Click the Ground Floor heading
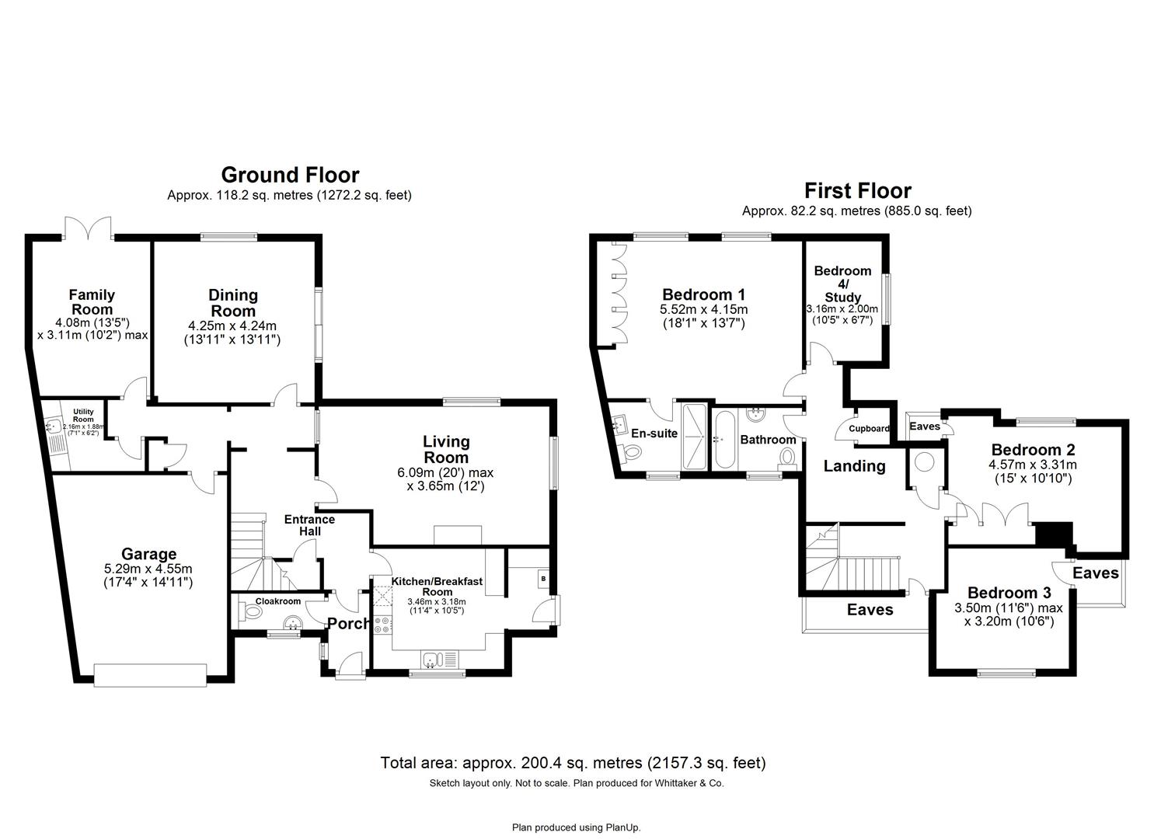tap(290, 175)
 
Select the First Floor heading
tap(857, 190)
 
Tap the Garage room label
tap(148, 554)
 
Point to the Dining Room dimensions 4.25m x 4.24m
tap(232, 326)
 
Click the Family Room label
tap(92, 302)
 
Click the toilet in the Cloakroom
tap(252, 612)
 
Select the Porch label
tap(348, 623)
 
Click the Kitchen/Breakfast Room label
tap(437, 586)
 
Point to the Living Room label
tap(445, 449)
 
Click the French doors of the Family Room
tap(89, 228)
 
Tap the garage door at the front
tap(150, 674)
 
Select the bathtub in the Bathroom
tap(724, 439)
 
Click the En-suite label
tap(654, 433)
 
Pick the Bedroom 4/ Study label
tap(842, 284)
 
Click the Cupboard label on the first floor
tap(869, 429)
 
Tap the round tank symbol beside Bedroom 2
tap(925, 461)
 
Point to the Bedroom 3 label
tap(1009, 593)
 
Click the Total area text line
tap(573, 763)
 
